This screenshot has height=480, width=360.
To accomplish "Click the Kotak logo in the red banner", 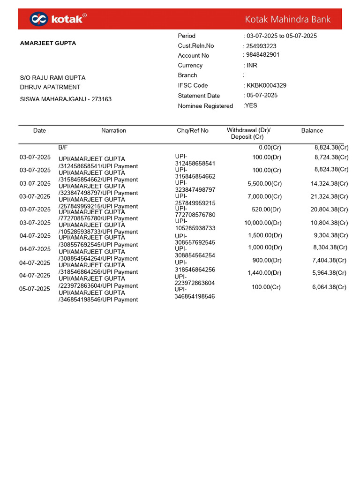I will tap(58, 19).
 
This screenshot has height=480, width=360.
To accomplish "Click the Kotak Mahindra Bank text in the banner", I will tap(287, 19).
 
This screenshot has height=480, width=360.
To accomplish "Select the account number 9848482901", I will tap(263, 55).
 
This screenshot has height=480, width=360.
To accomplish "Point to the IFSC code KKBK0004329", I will tap(266, 85).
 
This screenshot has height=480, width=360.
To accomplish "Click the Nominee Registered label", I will tap(205, 106).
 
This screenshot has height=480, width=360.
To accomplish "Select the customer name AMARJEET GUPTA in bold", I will tap(48, 43).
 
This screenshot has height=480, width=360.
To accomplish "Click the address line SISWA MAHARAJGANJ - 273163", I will tap(66, 99).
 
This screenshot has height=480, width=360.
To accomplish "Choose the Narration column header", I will tap(113, 131).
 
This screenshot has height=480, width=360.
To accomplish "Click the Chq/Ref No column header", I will tap(192, 131).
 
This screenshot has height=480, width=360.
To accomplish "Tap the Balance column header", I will tap(312, 131).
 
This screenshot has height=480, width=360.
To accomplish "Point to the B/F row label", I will tap(63, 147).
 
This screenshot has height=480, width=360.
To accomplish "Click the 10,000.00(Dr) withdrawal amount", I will tap(263, 223).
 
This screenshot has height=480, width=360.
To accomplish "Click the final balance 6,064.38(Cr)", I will tap(329, 287).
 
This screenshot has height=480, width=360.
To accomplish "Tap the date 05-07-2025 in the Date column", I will tap(34, 289).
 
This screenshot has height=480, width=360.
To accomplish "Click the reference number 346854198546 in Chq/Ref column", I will tap(195, 296).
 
